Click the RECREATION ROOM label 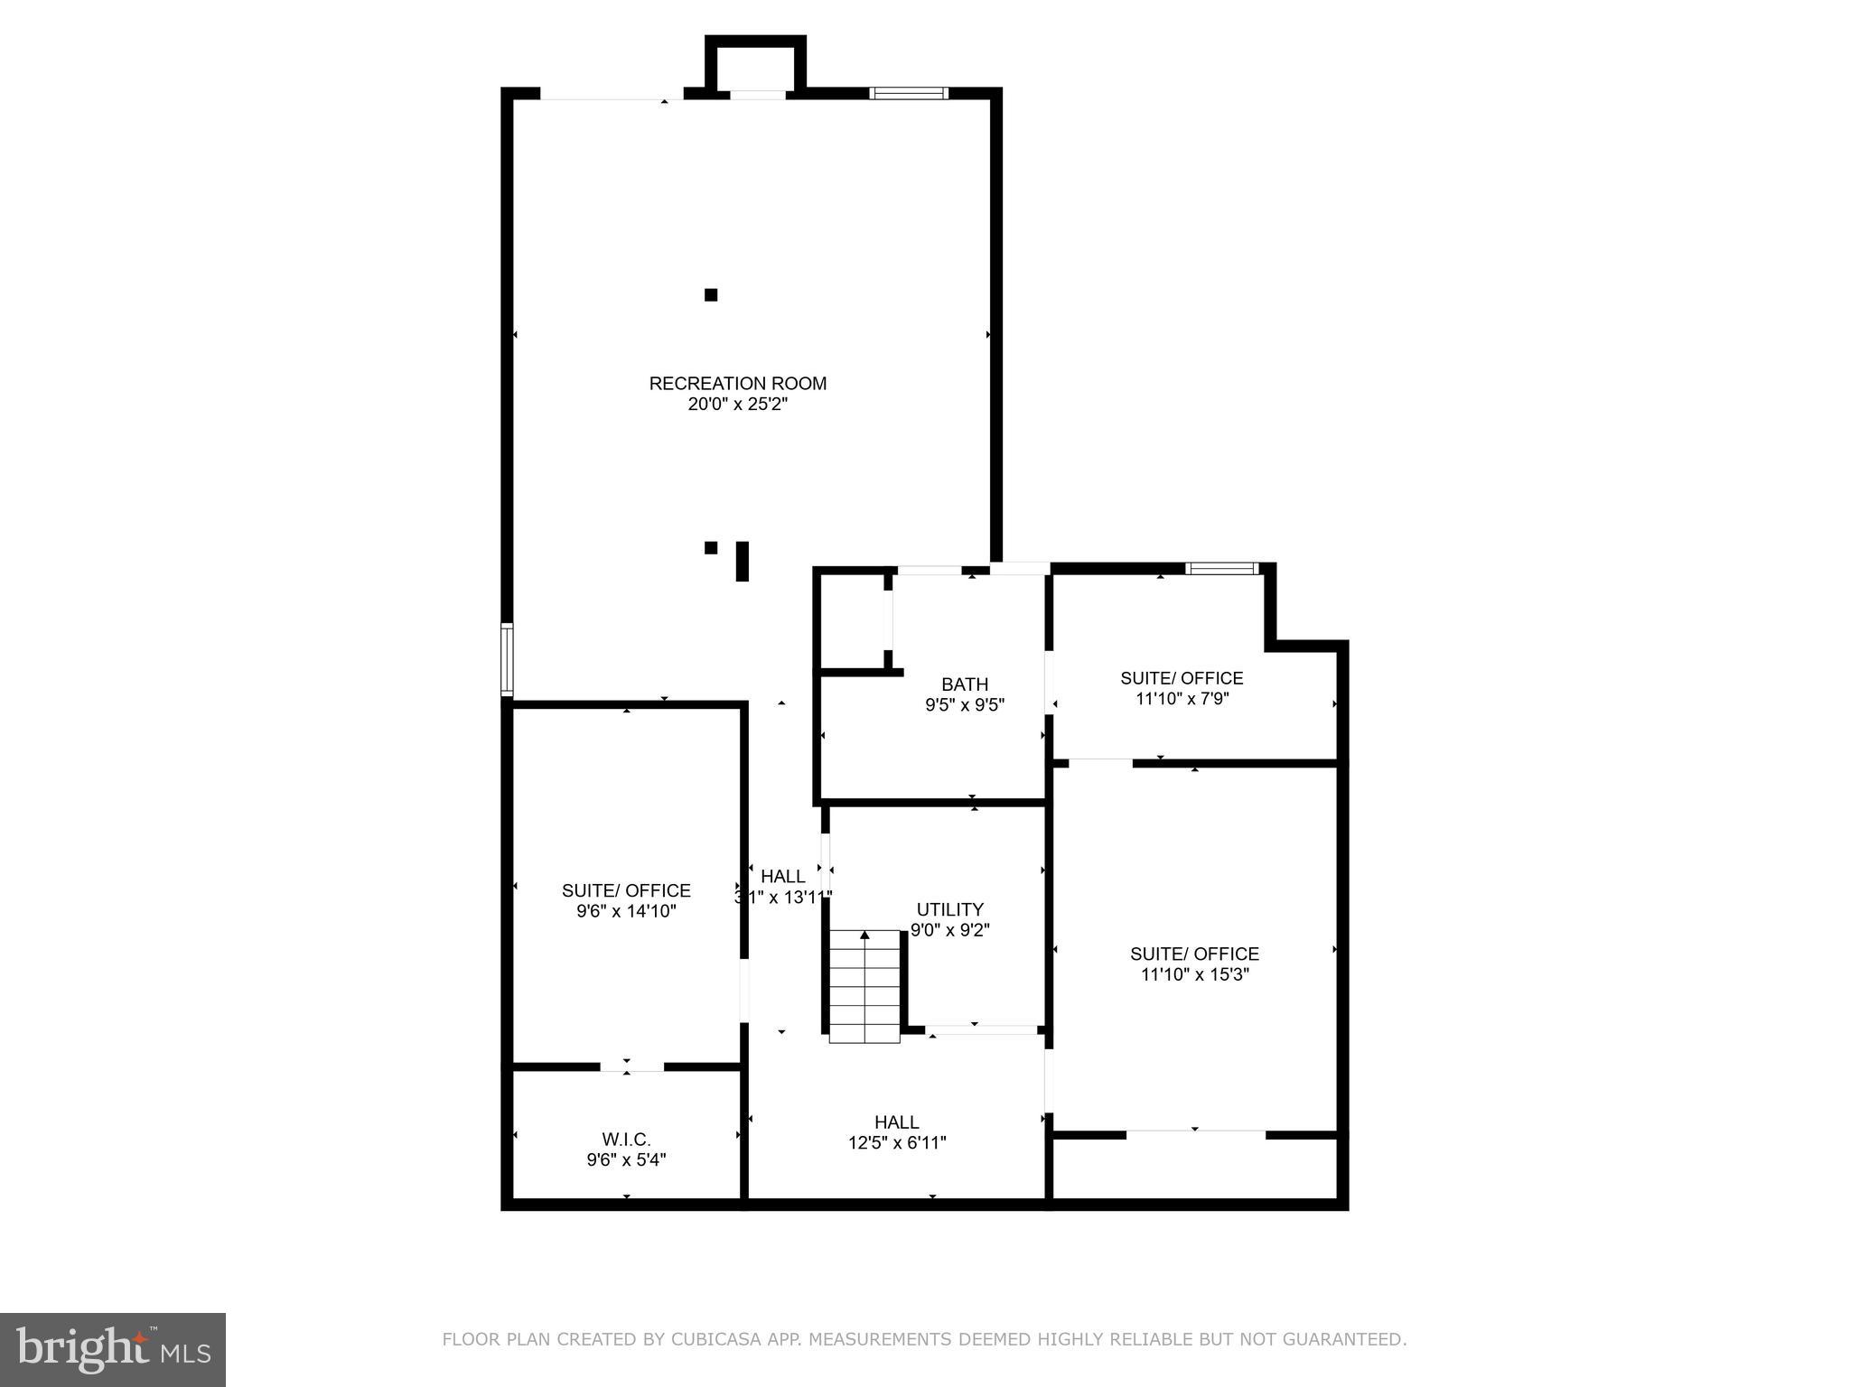737,384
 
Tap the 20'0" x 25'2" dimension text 737,405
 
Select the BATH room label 964,684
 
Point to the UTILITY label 949,909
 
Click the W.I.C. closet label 626,1140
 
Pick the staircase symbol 864,986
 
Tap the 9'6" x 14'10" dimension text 626,911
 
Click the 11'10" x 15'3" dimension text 1194,974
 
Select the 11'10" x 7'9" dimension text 1182,698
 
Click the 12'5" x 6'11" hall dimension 896,1142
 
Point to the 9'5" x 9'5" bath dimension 964,705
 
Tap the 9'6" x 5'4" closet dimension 626,1160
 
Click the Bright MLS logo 113,1350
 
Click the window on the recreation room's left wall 508,659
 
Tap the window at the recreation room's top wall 909,92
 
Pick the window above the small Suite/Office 1221,568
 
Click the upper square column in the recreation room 711,294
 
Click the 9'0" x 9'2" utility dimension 949,930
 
